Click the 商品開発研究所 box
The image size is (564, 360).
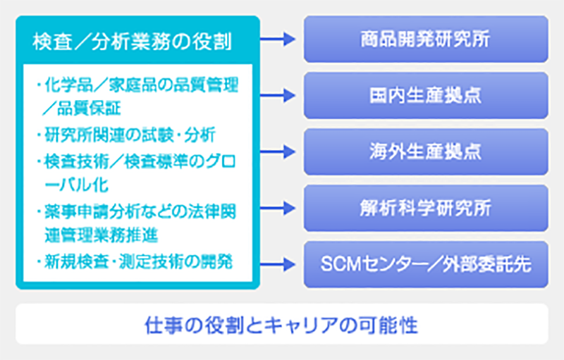click(x=426, y=39)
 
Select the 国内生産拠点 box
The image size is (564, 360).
click(x=426, y=96)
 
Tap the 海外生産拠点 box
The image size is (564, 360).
click(x=426, y=151)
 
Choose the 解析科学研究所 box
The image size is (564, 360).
click(x=426, y=208)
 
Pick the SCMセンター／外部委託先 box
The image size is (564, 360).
click(x=426, y=264)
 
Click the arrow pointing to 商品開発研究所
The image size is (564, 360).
click(x=278, y=39)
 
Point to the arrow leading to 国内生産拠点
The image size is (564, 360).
click(x=278, y=96)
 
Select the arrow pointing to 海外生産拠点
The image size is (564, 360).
click(x=278, y=151)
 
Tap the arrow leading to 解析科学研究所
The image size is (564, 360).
click(x=278, y=208)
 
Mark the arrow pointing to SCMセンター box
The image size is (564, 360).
click(x=278, y=264)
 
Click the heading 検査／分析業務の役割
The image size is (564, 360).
click(x=132, y=42)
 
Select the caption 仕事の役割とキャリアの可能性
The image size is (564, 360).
click(x=281, y=325)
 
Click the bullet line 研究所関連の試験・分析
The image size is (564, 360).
click(x=127, y=135)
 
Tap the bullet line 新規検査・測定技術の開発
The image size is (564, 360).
click(x=135, y=261)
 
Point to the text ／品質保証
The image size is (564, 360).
click(x=81, y=108)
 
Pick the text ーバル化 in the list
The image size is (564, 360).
click(x=76, y=185)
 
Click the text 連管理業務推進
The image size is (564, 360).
click(x=101, y=235)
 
